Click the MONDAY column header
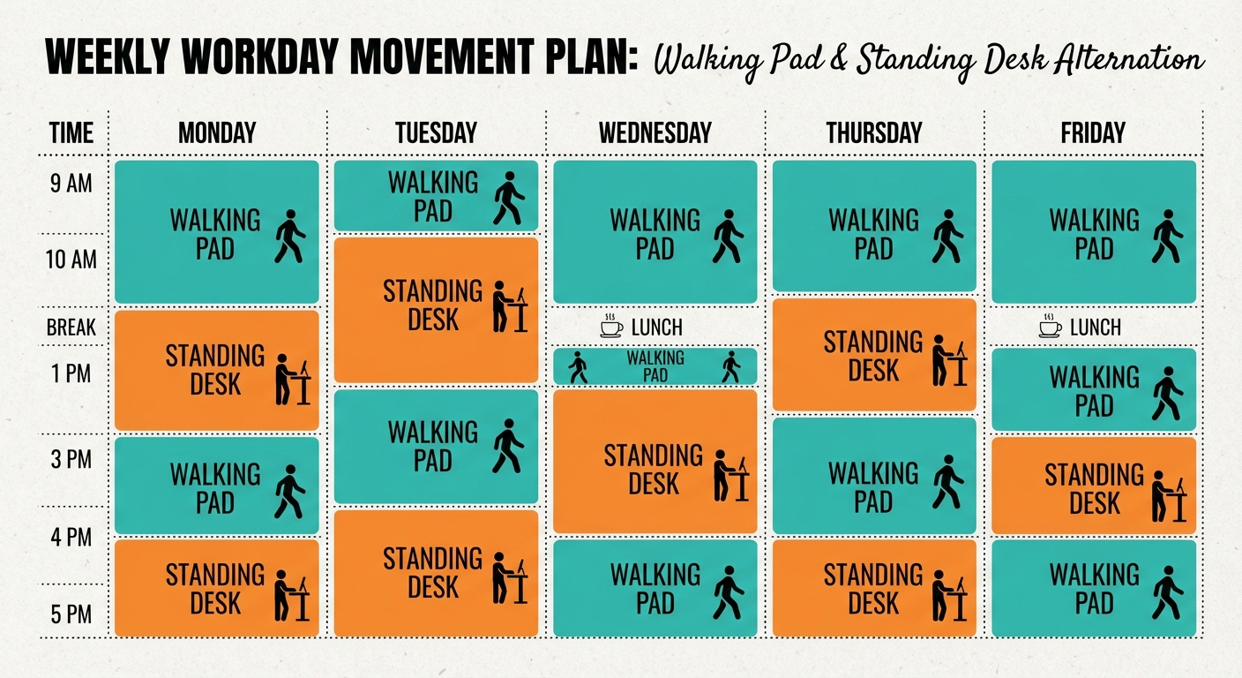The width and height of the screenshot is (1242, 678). [x=216, y=133]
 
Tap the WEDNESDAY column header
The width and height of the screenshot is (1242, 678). [x=655, y=133]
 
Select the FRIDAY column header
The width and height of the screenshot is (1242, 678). [x=1093, y=133]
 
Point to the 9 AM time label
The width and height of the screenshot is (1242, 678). [x=71, y=184]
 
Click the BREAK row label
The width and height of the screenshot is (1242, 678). [x=71, y=328]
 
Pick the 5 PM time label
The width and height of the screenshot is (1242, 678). [x=71, y=614]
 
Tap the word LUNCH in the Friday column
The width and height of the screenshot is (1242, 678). [x=1095, y=328]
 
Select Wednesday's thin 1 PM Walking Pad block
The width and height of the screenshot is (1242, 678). [x=655, y=366]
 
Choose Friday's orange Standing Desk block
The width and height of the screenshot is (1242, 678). [x=1094, y=486]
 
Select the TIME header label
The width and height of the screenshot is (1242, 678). [x=71, y=133]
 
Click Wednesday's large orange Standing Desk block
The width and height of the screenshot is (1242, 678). [x=655, y=462]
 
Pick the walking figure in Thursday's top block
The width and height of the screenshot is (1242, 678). [x=946, y=236]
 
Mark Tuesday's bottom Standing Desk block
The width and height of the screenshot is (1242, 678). [x=436, y=573]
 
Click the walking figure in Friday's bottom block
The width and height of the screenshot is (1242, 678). [x=1166, y=591]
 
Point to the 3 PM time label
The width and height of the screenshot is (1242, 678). [x=71, y=459]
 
